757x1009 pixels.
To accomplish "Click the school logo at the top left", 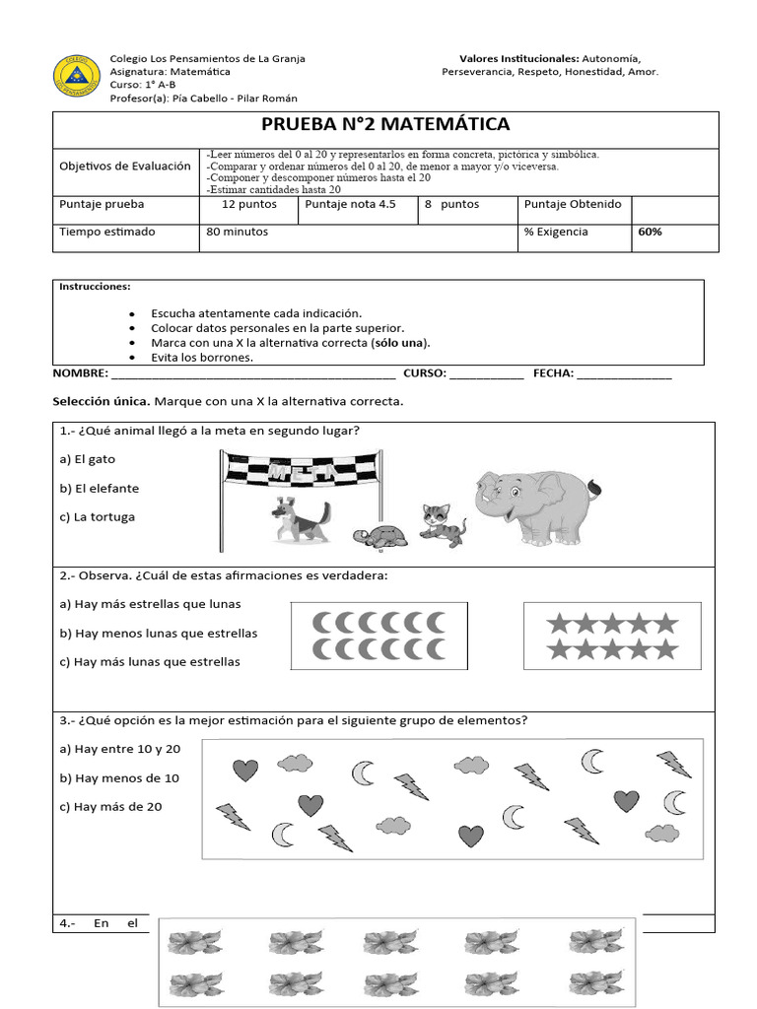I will [76, 77].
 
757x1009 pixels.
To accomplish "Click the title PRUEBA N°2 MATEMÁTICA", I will [385, 124].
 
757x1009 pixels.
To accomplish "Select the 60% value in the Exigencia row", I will [650, 233].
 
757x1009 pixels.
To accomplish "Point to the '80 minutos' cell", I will [238, 233].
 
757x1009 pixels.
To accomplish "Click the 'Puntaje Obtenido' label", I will [573, 205].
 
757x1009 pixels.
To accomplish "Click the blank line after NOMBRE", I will [253, 375].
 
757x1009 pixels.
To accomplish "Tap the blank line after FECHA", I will [625, 375].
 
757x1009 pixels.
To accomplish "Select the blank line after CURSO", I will [486, 375].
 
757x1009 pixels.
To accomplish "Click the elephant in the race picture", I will [534, 504].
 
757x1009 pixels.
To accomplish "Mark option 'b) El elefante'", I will [100, 489].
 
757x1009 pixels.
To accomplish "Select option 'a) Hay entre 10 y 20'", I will [120, 750].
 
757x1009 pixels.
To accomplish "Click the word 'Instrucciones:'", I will [95, 287].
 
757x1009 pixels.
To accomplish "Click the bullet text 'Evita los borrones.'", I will [202, 358].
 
